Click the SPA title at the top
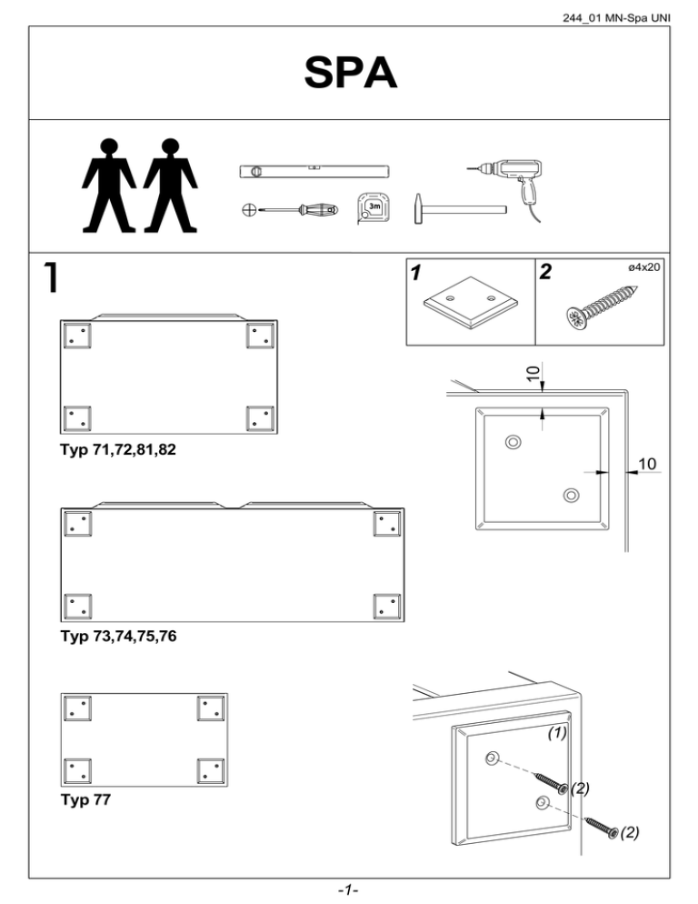tap(349, 74)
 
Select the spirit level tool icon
tap(314, 170)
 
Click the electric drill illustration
tap(505, 177)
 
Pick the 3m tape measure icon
tap(373, 207)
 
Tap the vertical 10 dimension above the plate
tap(535, 371)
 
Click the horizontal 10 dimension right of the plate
tap(647, 465)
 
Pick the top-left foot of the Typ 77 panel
tap(76, 708)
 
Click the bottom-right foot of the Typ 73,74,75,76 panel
tap(387, 607)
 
